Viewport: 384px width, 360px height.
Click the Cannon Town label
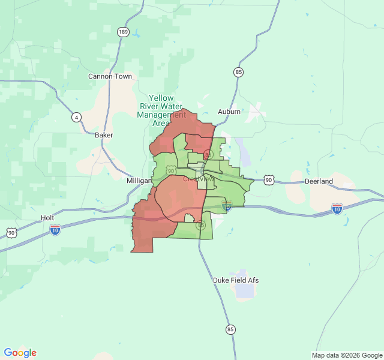pos(110,76)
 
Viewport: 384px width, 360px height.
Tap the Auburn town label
pos(229,112)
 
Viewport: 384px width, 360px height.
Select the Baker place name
pos(104,135)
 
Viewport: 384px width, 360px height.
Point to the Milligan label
pos(140,180)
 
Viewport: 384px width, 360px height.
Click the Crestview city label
pos(198,179)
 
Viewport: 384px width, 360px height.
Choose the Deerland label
pos(319,181)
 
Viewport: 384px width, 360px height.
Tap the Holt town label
pos(47,218)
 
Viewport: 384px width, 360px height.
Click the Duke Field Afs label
pos(236,280)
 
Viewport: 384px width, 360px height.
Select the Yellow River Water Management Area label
pos(161,110)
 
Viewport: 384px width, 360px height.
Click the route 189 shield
pos(123,32)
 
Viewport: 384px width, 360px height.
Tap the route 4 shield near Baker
pos(76,117)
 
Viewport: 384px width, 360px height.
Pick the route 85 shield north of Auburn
pos(239,72)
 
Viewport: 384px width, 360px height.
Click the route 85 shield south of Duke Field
pos(230,329)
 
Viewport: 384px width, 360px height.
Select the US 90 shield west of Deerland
pos(269,179)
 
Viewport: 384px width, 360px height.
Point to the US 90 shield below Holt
pos(11,232)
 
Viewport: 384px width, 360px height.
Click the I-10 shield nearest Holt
pos(55,230)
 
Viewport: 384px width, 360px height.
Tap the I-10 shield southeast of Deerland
pos(337,209)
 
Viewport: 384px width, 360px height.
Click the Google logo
pos(20,353)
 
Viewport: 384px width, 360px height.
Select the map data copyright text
pos(346,355)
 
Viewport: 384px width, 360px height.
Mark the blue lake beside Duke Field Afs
pos(244,291)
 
